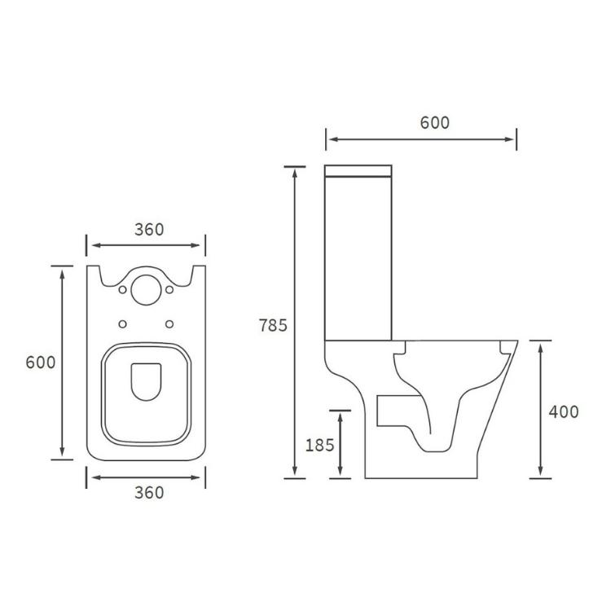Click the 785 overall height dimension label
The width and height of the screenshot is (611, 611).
(274, 325)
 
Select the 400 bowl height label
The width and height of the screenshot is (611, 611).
(564, 411)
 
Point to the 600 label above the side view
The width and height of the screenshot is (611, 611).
(434, 122)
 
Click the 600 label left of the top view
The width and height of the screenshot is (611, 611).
(41, 362)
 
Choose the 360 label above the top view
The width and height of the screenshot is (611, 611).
(149, 230)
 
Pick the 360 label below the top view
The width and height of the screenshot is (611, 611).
(149, 492)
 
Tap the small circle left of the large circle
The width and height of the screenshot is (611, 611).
(122, 290)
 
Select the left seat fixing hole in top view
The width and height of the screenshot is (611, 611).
(122, 323)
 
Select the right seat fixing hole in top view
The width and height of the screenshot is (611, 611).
(169, 323)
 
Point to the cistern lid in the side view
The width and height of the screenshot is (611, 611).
(358, 171)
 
